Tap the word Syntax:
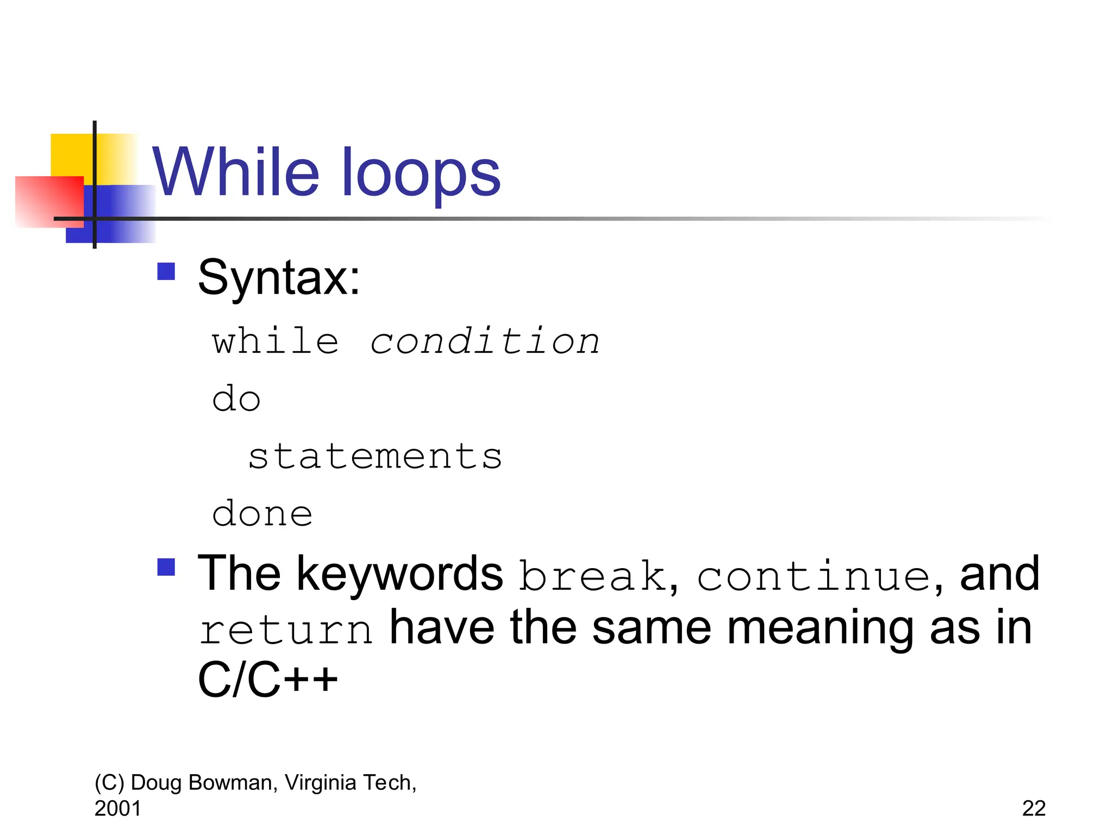click(279, 278)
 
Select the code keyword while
click(276, 342)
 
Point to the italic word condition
click(485, 342)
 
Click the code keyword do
click(236, 399)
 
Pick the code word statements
click(375, 456)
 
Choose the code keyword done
click(262, 514)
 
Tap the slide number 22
click(1034, 808)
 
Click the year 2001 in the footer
click(117, 808)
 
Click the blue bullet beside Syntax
click(166, 271)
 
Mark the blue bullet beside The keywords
click(166, 568)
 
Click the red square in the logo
click(49, 201)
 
